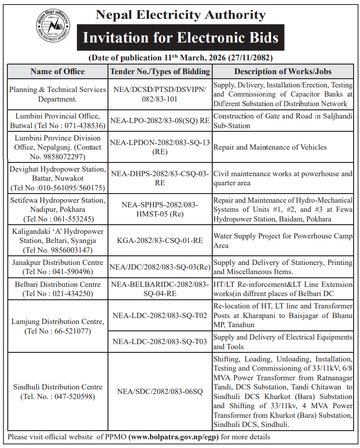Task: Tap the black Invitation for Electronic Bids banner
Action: point(180,37)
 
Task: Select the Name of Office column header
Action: point(58,71)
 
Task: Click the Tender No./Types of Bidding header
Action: point(160,71)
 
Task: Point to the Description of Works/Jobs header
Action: point(283,71)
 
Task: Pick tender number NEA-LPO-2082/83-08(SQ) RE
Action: point(160,120)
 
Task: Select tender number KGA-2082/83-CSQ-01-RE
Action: point(160,241)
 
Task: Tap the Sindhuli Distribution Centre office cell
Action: point(58,391)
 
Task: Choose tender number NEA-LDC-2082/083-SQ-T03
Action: point(160,341)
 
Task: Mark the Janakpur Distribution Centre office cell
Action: point(58,267)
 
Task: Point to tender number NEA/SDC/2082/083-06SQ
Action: point(160,391)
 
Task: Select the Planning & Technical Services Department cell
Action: point(58,94)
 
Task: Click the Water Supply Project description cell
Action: point(283,241)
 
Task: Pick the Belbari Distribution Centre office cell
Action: point(58,289)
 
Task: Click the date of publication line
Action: point(180,58)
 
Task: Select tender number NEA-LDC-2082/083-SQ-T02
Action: point(160,315)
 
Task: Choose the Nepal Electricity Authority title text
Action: point(180,15)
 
